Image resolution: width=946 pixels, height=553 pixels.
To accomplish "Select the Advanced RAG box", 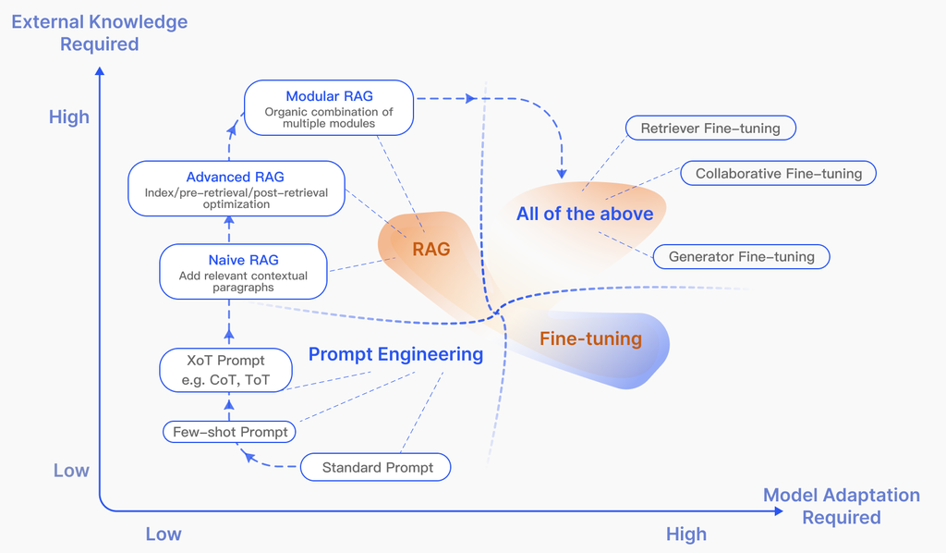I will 236,190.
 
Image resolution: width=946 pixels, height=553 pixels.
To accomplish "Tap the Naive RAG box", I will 243,272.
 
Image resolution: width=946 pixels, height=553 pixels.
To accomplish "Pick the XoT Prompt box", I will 225,370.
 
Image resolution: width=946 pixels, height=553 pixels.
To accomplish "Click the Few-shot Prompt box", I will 230,432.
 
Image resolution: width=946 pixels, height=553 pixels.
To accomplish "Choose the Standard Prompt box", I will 376,468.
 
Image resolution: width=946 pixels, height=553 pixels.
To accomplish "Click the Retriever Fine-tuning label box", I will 709,129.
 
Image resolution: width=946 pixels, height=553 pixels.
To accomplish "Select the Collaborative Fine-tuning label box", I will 778,173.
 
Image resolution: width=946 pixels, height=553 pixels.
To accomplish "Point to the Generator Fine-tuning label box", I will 741,256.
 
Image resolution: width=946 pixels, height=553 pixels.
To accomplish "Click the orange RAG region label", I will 431,249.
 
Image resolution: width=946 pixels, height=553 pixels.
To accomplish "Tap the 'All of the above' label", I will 584,214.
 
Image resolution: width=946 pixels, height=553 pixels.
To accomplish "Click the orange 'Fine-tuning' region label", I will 590,338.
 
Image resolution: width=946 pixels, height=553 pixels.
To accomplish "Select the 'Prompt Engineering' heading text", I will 395,354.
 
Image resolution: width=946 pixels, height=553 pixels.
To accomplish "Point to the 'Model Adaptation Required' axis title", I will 841,506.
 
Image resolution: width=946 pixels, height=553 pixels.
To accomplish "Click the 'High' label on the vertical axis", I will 69,117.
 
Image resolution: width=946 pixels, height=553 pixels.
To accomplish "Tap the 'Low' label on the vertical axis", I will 71,471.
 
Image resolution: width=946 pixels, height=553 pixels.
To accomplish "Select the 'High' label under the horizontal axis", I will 685,535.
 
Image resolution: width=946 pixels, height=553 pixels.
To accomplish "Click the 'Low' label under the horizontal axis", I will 164,535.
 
